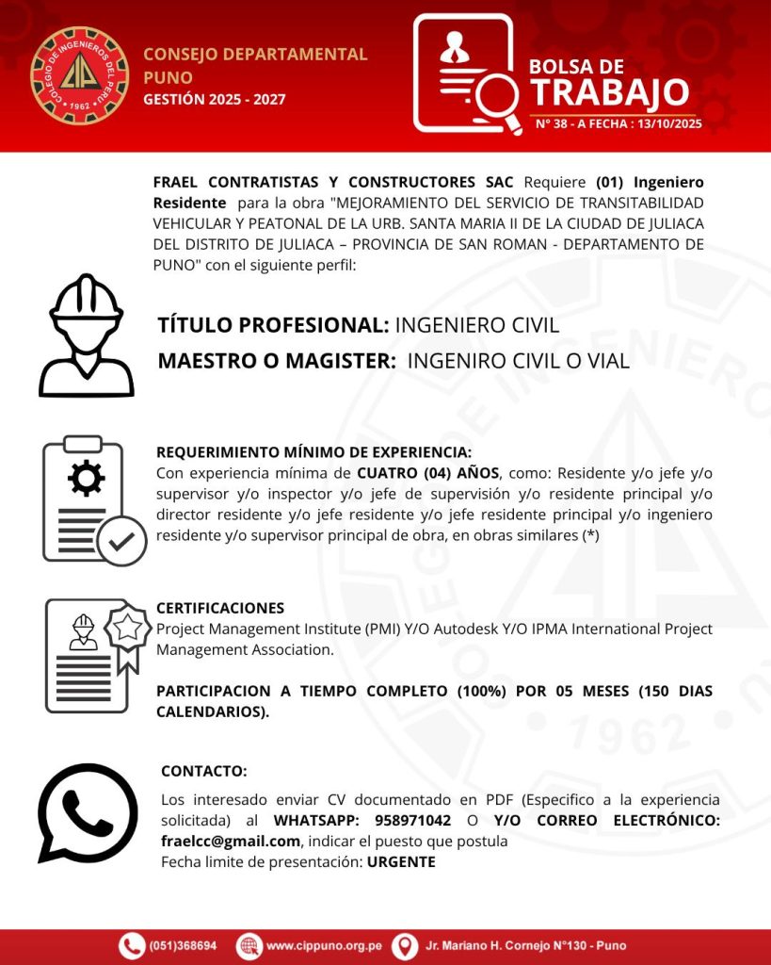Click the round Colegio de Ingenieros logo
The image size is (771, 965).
point(79,75)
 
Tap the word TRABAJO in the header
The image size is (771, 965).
point(609,92)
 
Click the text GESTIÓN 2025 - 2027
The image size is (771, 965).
point(215,99)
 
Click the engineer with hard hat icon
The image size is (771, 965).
point(86,335)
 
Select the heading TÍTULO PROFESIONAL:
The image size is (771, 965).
point(273,326)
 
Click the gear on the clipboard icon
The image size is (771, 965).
point(87,479)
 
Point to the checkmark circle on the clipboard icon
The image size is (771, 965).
point(122,540)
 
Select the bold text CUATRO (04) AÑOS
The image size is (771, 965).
point(428,473)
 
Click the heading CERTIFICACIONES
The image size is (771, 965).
point(220,609)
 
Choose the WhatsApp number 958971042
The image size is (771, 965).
point(412,821)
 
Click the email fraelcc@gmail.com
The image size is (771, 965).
point(231,841)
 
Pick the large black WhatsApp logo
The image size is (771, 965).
point(88,812)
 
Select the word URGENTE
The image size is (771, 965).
point(401,861)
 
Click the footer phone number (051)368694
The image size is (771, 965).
point(184,945)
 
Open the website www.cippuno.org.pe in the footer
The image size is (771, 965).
point(323,945)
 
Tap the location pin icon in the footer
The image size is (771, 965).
point(404,945)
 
